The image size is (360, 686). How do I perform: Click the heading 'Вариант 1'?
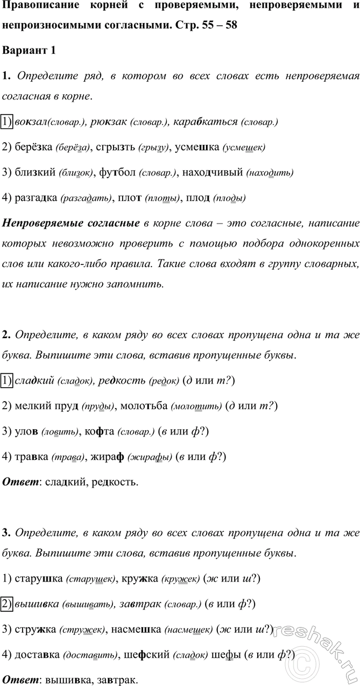click(29, 51)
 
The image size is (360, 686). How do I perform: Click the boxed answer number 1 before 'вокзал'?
click(7, 122)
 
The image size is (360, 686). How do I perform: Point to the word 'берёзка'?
click(33, 147)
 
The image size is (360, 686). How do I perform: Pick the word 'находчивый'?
click(213, 172)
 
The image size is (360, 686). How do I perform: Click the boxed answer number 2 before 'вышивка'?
click(7, 604)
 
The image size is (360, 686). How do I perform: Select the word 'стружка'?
click(35, 629)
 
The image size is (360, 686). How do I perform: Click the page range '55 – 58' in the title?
click(217, 25)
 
